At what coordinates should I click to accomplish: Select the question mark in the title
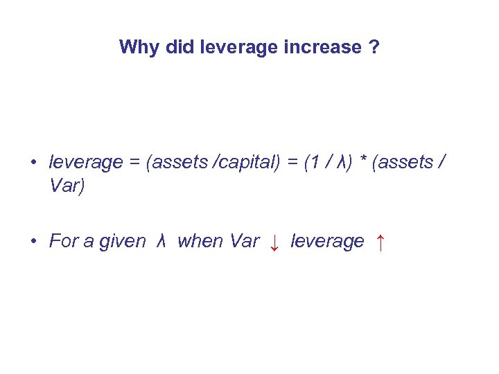tap(374, 48)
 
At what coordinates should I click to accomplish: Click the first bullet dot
tap(33, 163)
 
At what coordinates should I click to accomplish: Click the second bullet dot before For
tap(33, 242)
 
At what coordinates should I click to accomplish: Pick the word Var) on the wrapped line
tap(67, 187)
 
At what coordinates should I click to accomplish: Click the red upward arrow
tap(380, 242)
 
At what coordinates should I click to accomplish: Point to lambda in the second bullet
tap(161, 241)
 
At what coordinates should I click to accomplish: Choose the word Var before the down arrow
tap(243, 241)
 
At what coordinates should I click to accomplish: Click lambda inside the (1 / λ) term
tap(340, 163)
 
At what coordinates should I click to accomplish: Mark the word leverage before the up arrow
tap(327, 242)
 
